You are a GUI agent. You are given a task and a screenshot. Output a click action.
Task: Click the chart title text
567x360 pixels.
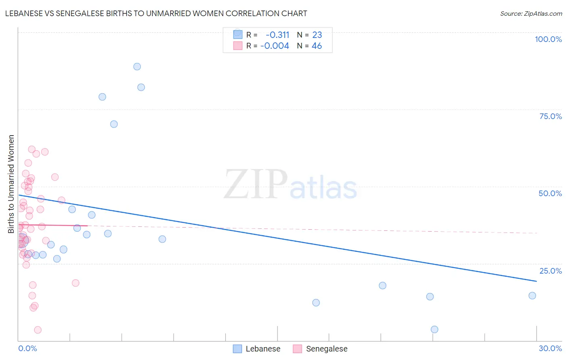(x=156, y=13)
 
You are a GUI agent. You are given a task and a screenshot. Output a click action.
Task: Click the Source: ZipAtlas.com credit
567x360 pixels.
(x=531, y=13)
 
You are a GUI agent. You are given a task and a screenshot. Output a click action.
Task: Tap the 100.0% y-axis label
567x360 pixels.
(x=548, y=39)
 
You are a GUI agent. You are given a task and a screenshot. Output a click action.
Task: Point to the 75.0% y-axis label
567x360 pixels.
(x=550, y=116)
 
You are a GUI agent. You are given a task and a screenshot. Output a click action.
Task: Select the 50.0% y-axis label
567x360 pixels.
(x=550, y=193)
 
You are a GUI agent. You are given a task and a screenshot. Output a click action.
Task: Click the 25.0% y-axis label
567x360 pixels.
(x=550, y=271)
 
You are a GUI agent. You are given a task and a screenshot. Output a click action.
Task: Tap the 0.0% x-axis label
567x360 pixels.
(x=27, y=348)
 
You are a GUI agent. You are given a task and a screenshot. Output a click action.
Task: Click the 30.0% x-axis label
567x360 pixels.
(x=550, y=348)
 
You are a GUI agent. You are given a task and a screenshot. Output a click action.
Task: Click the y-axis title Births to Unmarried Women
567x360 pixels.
(x=11, y=184)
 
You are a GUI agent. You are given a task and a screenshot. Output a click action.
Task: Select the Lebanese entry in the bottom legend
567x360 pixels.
(x=263, y=349)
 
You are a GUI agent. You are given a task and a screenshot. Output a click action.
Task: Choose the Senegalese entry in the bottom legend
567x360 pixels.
(x=326, y=349)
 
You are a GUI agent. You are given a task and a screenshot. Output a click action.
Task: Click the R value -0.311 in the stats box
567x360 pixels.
(x=277, y=35)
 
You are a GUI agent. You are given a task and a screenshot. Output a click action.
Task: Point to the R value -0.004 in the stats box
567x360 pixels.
(x=275, y=46)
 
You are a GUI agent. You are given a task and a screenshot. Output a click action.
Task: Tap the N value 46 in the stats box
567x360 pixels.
(x=317, y=46)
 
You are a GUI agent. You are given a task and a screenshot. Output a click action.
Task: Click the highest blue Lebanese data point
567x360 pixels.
(x=137, y=67)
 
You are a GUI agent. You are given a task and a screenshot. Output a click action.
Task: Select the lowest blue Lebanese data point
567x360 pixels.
(x=434, y=329)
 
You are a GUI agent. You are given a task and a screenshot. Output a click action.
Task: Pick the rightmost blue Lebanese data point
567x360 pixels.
(x=532, y=295)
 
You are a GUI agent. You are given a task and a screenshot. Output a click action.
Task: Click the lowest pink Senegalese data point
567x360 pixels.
(x=38, y=330)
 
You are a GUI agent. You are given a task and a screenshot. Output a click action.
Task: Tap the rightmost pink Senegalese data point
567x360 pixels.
(x=75, y=283)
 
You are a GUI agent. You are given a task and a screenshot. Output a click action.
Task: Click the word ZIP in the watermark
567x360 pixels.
(x=256, y=184)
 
